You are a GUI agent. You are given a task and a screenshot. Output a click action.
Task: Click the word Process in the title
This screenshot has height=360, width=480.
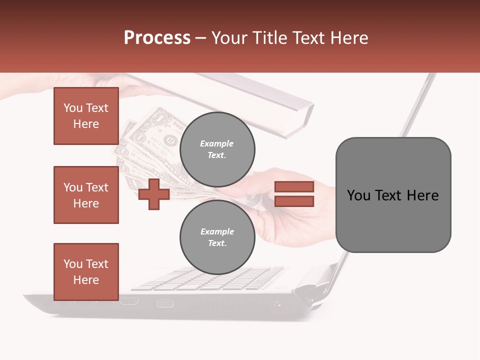click(x=157, y=38)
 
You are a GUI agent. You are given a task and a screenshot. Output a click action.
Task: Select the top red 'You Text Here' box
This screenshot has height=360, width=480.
click(x=86, y=116)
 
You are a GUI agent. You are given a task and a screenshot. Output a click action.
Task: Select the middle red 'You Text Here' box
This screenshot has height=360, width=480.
click(x=86, y=195)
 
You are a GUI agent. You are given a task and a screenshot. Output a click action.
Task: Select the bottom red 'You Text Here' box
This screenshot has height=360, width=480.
click(x=86, y=272)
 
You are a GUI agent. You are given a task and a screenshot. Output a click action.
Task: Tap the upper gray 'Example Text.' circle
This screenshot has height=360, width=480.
click(x=217, y=149)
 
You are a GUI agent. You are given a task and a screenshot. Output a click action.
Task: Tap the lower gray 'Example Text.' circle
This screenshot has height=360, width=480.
click(x=217, y=237)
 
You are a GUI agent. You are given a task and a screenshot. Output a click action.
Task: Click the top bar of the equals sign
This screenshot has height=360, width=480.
click(x=294, y=187)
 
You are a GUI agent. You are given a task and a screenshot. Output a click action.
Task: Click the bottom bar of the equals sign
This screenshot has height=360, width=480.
click(x=294, y=201)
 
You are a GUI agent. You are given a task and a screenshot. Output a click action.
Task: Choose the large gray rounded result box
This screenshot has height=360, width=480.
click(x=393, y=195)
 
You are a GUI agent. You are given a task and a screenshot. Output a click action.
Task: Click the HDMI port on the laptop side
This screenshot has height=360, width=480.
click(x=129, y=301)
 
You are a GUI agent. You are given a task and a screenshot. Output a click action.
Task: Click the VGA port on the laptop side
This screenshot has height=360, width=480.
click(x=164, y=302)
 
